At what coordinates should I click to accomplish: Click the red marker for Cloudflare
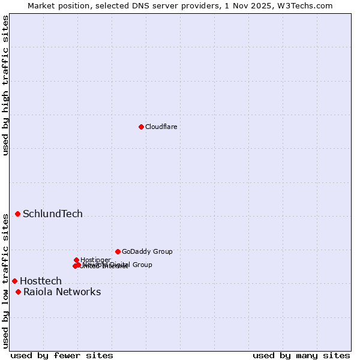[x=141, y=127]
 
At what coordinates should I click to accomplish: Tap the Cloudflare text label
[x=161, y=127]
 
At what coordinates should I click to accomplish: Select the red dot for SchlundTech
[x=17, y=214]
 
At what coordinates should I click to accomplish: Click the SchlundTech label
[x=53, y=214]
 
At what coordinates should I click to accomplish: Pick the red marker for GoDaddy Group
[x=118, y=251]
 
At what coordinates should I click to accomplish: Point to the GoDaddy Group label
[x=147, y=251]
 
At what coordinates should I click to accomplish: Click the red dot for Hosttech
[x=14, y=281]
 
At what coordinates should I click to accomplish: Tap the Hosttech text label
[x=41, y=281]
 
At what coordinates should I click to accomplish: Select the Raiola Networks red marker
[x=18, y=292]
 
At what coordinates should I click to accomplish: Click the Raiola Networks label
[x=62, y=292]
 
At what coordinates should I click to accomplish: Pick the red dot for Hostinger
[x=76, y=260]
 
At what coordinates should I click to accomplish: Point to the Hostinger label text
[x=95, y=260]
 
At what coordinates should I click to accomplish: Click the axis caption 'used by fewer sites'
[x=61, y=355]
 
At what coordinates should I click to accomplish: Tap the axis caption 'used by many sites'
[x=301, y=355]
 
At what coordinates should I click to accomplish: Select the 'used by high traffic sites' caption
[x=5, y=85]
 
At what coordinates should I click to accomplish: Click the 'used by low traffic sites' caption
[x=5, y=281]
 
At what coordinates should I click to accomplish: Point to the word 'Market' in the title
[x=42, y=5]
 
